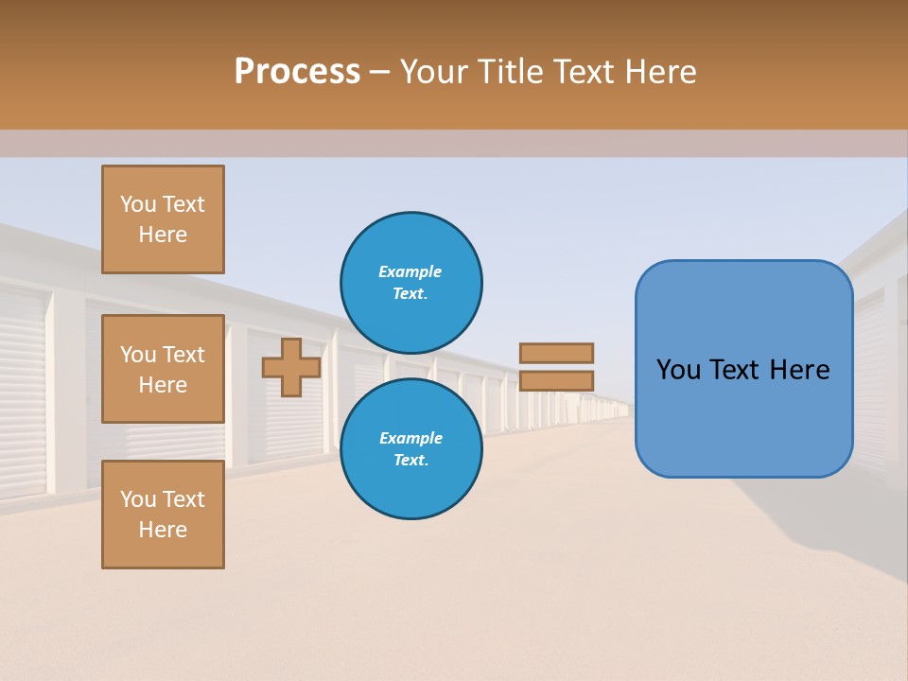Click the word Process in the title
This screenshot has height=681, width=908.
click(x=297, y=72)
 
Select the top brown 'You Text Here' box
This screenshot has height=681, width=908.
click(x=163, y=219)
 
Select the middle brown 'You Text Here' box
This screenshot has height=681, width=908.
click(x=163, y=369)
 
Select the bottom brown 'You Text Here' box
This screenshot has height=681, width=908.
click(x=163, y=515)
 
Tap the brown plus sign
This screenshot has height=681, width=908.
click(x=291, y=367)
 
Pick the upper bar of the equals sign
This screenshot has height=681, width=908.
click(x=556, y=353)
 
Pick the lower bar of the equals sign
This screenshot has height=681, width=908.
click(x=556, y=380)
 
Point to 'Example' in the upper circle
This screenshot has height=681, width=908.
click(x=410, y=271)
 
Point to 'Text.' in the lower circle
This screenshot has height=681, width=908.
click(x=410, y=461)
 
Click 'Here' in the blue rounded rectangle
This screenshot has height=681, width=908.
click(x=800, y=370)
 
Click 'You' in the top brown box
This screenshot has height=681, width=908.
click(x=137, y=204)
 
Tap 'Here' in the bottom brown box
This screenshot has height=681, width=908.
click(x=163, y=530)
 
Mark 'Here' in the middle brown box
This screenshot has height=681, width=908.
click(x=163, y=385)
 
